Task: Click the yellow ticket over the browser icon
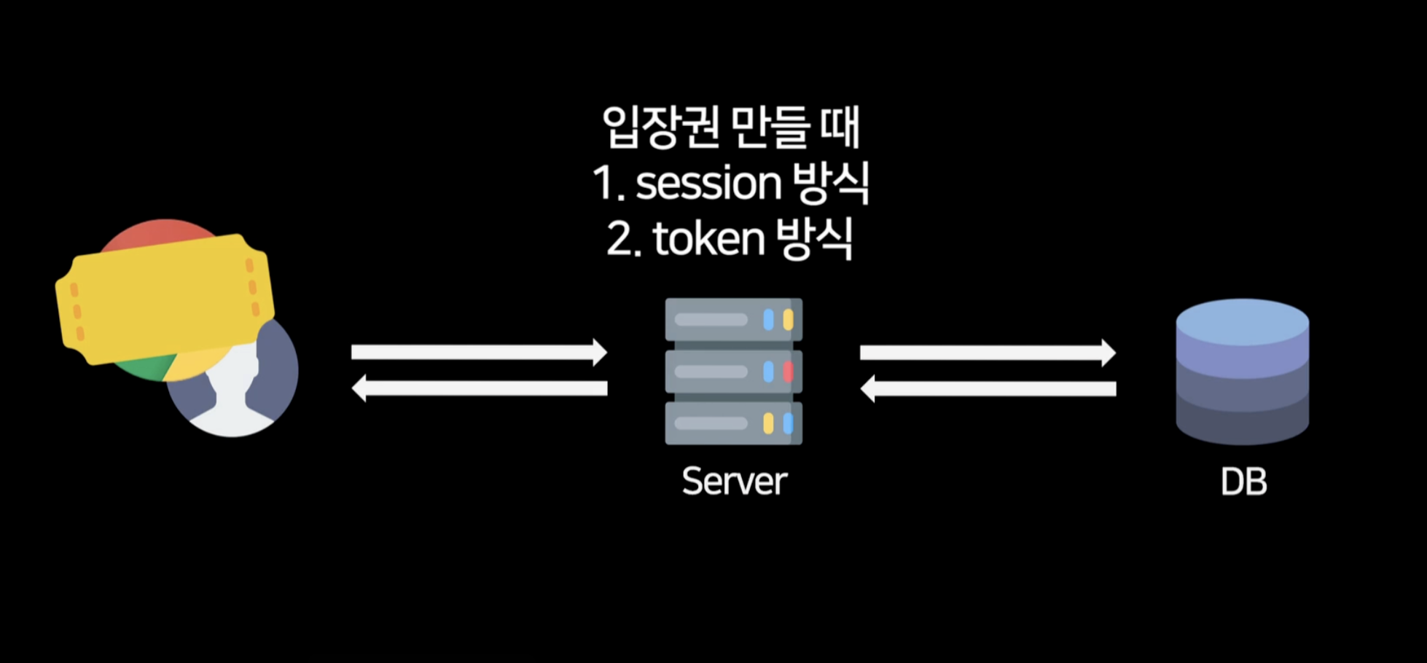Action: pyautogui.click(x=165, y=299)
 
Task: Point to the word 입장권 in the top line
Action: pyautogui.click(x=660, y=127)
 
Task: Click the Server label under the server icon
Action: pyautogui.click(x=734, y=482)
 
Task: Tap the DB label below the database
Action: pyautogui.click(x=1243, y=482)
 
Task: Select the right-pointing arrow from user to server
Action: pyautogui.click(x=479, y=353)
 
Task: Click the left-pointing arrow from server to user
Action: pyautogui.click(x=479, y=388)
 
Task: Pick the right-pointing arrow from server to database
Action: pyautogui.click(x=988, y=353)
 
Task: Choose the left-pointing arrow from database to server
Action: pyautogui.click(x=988, y=388)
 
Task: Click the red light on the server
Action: pyautogui.click(x=788, y=372)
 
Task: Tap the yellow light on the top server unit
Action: pyautogui.click(x=788, y=320)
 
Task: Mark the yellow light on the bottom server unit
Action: pyautogui.click(x=768, y=423)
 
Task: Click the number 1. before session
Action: pyautogui.click(x=608, y=183)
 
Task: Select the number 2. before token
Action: pyautogui.click(x=623, y=239)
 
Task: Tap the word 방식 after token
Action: pyautogui.click(x=814, y=239)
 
